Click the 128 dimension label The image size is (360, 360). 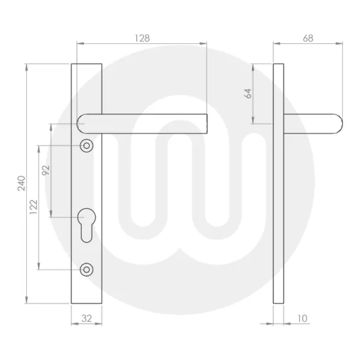pyautogui.click(x=143, y=38)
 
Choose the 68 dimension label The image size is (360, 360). pyautogui.click(x=308, y=38)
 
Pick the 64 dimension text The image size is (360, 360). pyautogui.click(x=248, y=94)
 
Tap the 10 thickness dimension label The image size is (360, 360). pyautogui.click(x=302, y=319)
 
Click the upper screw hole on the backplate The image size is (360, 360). pyautogui.click(x=86, y=145)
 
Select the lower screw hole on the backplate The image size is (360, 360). pyautogui.click(x=86, y=269)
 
